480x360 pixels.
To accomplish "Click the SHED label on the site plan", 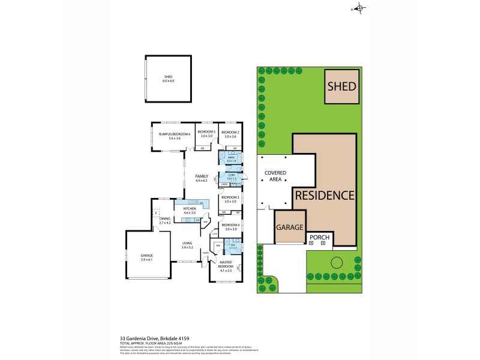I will coord(341,86).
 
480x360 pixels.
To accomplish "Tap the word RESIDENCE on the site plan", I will coord(323,195).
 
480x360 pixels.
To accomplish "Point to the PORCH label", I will coord(319,237).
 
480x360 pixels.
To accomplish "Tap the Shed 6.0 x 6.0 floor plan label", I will coord(168,79).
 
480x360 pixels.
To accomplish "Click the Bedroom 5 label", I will coord(206,134).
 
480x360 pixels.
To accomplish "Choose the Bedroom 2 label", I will coord(230,134).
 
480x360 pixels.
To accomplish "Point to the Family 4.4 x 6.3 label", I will coord(201,178).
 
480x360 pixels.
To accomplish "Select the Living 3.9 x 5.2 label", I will coord(188,245).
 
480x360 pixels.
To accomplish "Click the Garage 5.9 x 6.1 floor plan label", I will coord(146,258).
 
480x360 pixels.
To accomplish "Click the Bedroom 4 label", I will coord(230,227).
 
